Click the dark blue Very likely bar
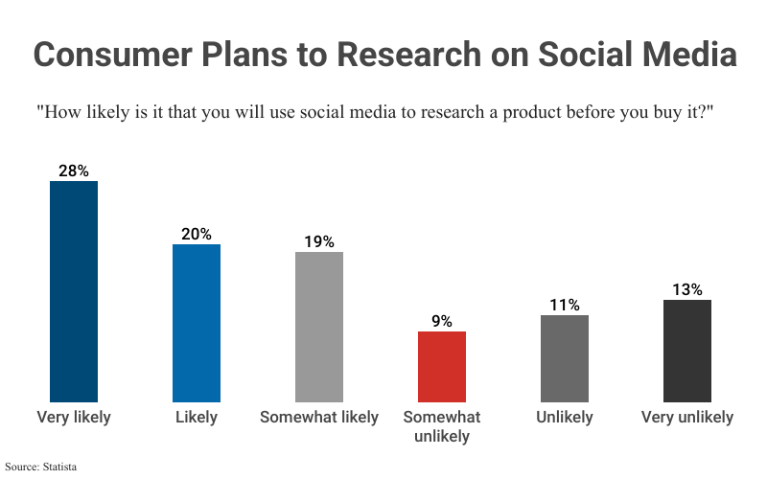pos(74,291)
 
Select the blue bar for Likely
pos(197,323)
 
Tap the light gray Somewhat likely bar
pos(319,327)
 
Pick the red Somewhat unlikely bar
pos(442,367)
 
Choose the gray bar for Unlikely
pos(565,358)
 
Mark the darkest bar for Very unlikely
pos(687,351)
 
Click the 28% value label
pos(74,171)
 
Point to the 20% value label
pos(197,234)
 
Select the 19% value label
pos(319,241)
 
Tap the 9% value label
pos(442,321)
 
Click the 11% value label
pos(565,305)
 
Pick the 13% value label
pos(687,289)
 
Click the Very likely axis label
pos(74,417)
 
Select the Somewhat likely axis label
pos(319,417)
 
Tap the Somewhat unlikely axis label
pos(442,426)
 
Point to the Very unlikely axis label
pos(687,417)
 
